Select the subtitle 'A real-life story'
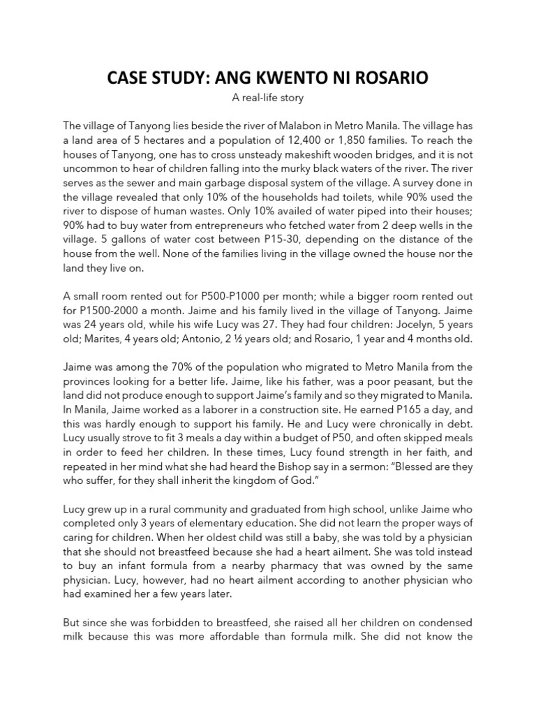pyautogui.click(x=268, y=98)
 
